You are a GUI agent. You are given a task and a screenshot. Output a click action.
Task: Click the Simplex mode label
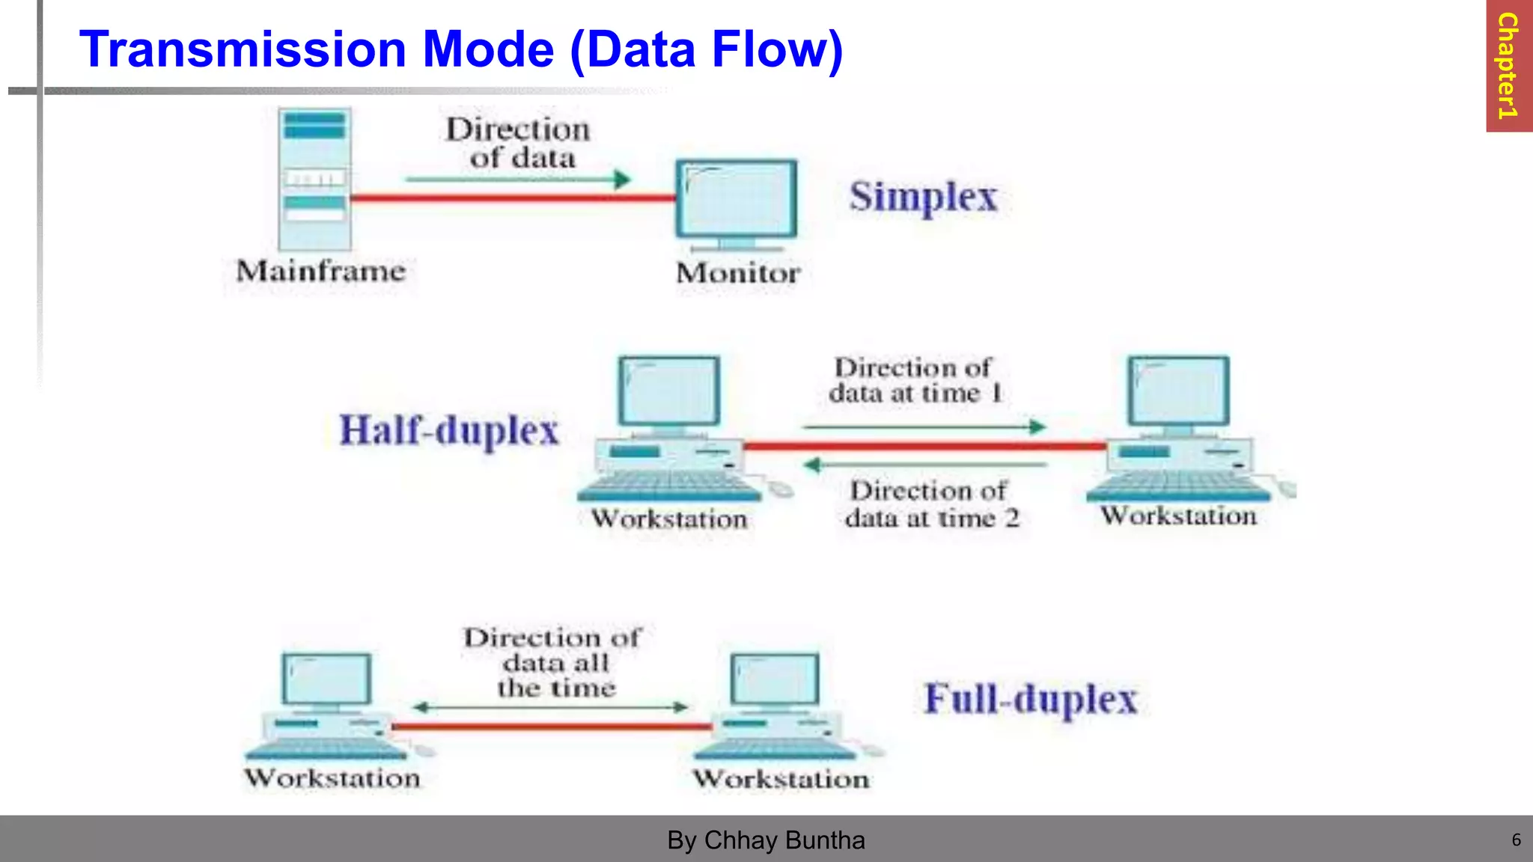(923, 198)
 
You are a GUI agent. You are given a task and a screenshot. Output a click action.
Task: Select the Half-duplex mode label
(449, 430)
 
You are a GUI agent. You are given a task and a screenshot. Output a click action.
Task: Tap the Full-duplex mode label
(1031, 699)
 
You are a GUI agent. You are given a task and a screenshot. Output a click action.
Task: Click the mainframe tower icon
(315, 179)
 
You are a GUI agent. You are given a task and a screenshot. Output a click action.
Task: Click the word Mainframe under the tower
(321, 271)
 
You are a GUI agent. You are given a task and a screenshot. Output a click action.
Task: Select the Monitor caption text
(738, 273)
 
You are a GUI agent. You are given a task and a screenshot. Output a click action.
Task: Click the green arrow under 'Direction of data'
(518, 180)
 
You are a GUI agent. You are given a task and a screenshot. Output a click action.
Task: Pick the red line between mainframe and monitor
(513, 198)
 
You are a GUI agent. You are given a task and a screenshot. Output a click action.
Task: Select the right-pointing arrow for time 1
(924, 427)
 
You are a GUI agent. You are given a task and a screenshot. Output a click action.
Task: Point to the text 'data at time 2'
(932, 518)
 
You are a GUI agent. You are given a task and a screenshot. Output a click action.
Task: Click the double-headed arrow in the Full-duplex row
(551, 707)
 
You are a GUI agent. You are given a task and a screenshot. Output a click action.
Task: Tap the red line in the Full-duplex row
(552, 726)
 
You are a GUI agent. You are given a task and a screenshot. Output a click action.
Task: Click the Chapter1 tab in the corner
(1508, 66)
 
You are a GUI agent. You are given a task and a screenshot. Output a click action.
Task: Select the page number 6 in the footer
(1516, 840)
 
